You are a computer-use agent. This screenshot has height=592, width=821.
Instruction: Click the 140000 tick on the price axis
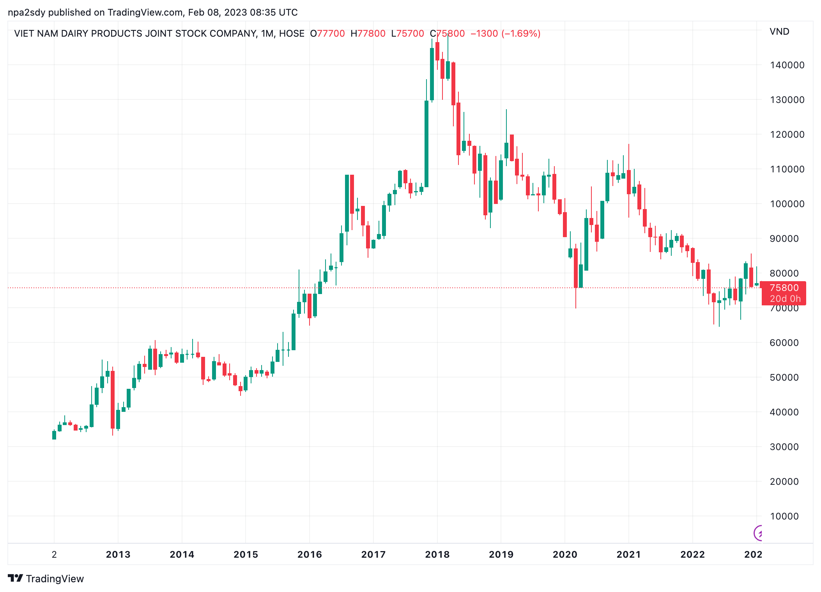[x=787, y=65]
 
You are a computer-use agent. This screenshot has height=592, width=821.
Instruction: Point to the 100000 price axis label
[x=787, y=204]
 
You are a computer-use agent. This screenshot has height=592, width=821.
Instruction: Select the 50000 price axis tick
[x=787, y=378]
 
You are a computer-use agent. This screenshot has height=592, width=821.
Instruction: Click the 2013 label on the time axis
[x=118, y=555]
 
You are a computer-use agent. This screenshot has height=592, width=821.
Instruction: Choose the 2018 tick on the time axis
[x=437, y=555]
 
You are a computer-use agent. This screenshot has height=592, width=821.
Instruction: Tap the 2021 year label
[x=628, y=555]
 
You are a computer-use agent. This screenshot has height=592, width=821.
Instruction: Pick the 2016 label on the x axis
[x=310, y=555]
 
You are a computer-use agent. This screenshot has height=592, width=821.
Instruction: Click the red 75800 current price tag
[x=784, y=288]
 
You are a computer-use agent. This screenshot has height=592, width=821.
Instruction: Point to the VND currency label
[x=779, y=32]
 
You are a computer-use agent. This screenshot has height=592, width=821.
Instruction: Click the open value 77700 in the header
[x=331, y=34]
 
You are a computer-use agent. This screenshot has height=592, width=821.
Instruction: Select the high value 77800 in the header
[x=371, y=34]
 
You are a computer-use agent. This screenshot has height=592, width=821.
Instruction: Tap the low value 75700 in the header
[x=410, y=34]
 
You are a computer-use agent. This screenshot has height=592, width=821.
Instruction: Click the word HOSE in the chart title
[x=292, y=34]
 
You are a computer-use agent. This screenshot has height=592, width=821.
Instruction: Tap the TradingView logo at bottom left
[x=46, y=579]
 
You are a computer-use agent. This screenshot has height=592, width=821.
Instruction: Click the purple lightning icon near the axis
[x=758, y=533]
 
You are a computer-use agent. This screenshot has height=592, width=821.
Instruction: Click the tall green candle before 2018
[x=426, y=144]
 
